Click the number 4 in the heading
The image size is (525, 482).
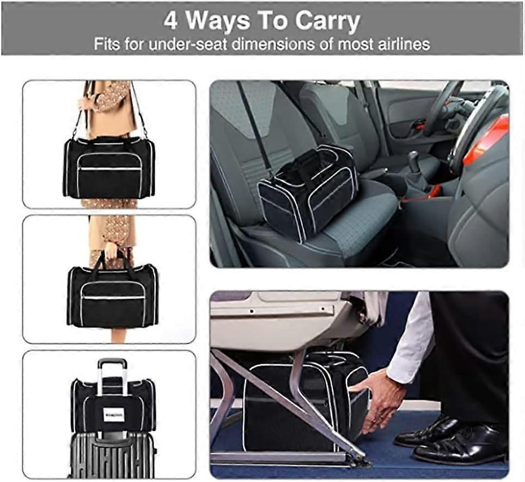pyautogui.click(x=171, y=21)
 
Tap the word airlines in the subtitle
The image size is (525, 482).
pyautogui.click(x=401, y=44)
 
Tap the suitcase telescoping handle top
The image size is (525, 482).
pyautogui.click(x=112, y=363)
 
